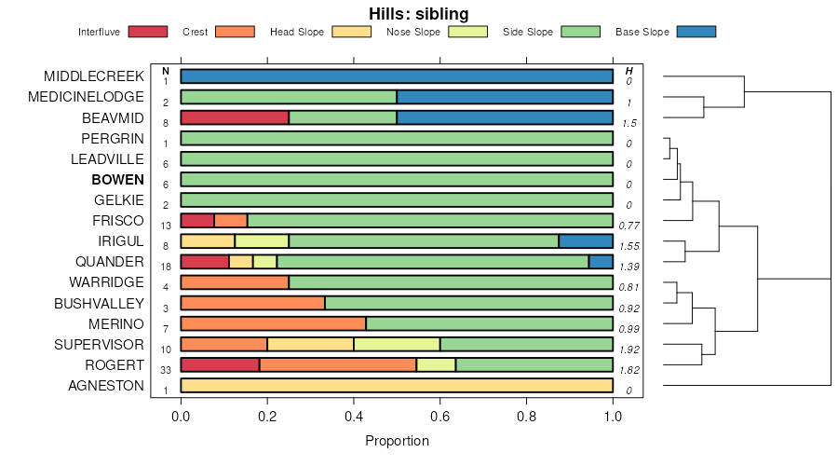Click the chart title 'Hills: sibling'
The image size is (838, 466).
(x=418, y=13)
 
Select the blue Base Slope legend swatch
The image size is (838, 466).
(x=696, y=32)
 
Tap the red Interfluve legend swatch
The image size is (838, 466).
(x=148, y=32)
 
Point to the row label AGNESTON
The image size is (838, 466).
(x=106, y=386)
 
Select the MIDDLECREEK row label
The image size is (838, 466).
(x=94, y=75)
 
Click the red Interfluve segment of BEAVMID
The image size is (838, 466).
(x=235, y=117)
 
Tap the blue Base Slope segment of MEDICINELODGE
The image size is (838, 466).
(x=505, y=97)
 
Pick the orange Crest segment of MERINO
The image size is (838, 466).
(x=273, y=323)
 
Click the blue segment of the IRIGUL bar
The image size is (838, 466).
(x=586, y=240)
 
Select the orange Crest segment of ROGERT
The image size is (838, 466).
(x=338, y=364)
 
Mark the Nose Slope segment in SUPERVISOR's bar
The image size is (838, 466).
(x=397, y=344)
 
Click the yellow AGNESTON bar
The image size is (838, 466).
(x=397, y=385)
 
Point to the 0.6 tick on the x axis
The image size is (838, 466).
(x=440, y=416)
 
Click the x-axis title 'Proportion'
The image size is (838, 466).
(x=397, y=441)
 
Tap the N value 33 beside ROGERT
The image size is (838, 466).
(x=165, y=370)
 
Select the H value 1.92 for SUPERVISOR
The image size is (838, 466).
(x=629, y=349)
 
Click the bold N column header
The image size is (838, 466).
(x=165, y=71)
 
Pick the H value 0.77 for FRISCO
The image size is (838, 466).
(x=629, y=226)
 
